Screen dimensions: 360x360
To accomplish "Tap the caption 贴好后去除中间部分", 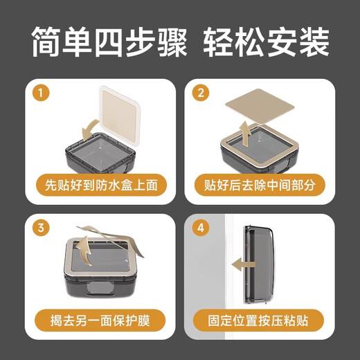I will (261, 186).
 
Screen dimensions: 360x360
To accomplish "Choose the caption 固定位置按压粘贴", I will (261, 321).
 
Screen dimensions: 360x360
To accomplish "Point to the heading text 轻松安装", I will (266, 43).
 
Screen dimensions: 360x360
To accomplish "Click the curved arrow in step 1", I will (91, 129).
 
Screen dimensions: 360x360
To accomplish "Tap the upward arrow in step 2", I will (244, 128).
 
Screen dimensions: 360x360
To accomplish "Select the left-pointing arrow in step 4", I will (243, 264).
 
